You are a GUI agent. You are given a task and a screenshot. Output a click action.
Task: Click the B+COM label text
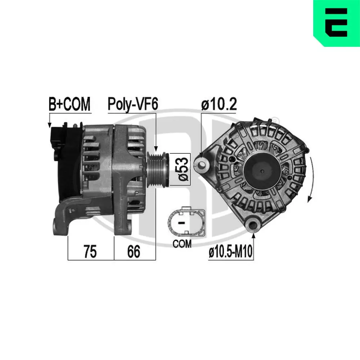[70, 104]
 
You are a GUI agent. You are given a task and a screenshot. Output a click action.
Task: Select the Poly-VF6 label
[132, 104]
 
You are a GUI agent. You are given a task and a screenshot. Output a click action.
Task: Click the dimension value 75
[90, 252]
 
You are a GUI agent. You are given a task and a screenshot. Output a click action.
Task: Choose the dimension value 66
[133, 252]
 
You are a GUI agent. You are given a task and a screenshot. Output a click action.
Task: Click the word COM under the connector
[182, 244]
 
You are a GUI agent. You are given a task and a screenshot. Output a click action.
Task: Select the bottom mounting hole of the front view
[254, 225]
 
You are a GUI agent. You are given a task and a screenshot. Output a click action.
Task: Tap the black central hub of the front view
[263, 170]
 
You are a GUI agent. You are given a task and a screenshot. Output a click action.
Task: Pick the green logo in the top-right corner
[336, 23]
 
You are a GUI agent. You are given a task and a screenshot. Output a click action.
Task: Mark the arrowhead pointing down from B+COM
[49, 125]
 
